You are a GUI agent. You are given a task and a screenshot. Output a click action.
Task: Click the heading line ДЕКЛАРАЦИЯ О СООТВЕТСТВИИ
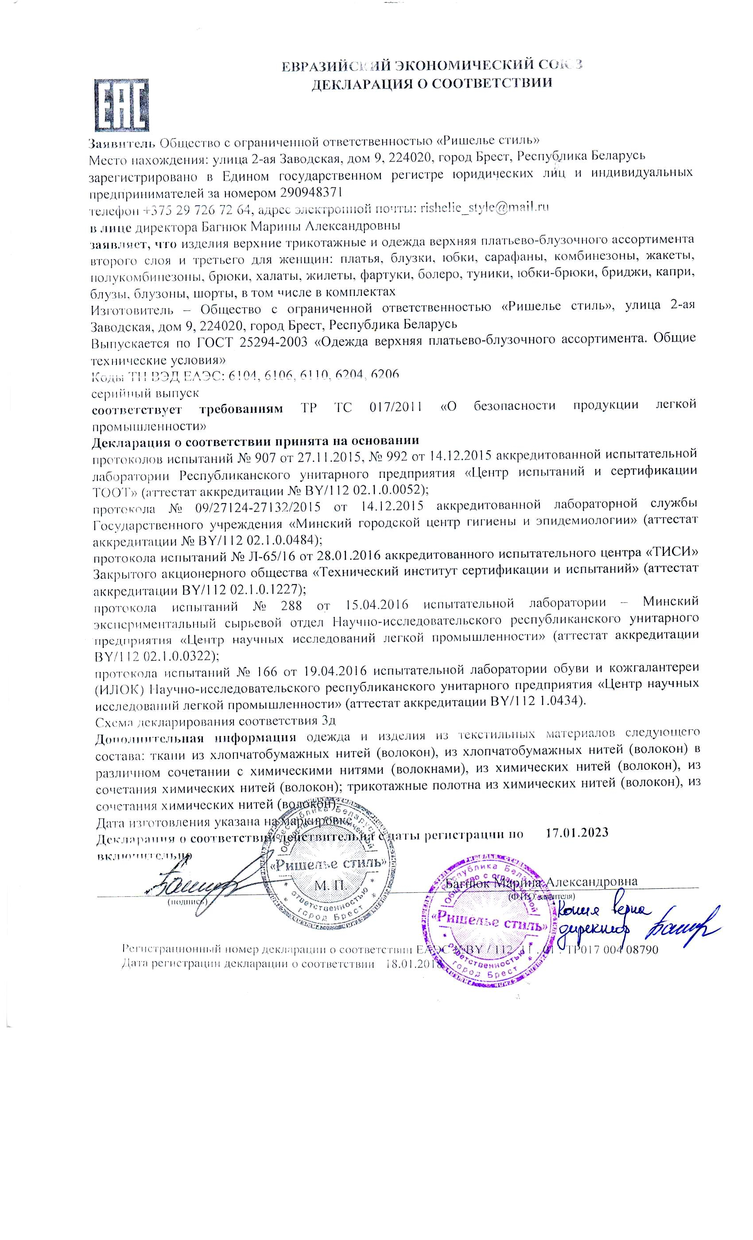click(431, 83)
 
